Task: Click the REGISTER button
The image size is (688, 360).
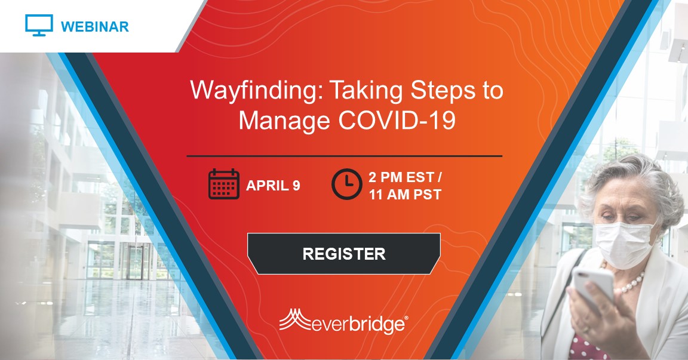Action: coord(344,254)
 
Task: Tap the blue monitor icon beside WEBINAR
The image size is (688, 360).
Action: coord(39,25)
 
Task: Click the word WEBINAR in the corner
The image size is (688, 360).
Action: coord(95,27)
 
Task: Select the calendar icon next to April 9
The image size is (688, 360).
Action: coord(224,184)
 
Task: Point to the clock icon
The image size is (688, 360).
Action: coord(346,184)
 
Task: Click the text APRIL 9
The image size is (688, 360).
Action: coord(273,186)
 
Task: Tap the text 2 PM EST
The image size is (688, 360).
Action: coord(401,177)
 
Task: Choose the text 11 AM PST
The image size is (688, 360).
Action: coord(405,194)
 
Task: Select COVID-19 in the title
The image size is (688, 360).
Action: coord(397,120)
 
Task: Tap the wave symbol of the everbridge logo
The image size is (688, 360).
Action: coord(295,319)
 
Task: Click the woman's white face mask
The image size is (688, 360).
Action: coord(624,244)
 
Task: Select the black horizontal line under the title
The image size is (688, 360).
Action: coord(345,156)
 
